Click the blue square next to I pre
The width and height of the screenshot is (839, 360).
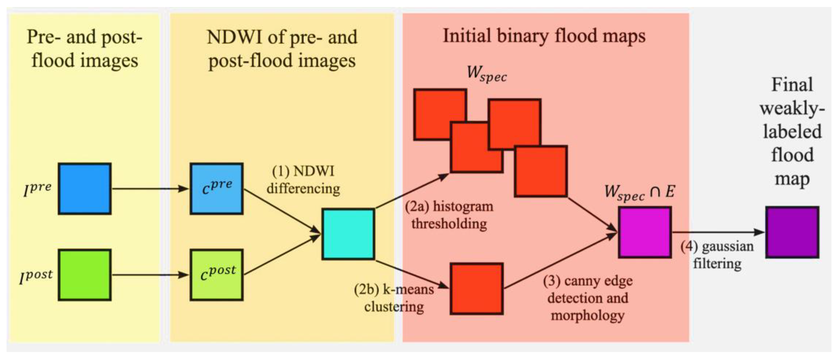pos(85,189)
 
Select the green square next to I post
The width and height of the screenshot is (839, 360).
pos(85,275)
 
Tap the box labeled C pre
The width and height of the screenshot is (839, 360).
pos(217,189)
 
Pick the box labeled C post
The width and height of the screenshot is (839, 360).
pos(217,275)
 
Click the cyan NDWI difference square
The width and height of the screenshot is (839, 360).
pos(348,234)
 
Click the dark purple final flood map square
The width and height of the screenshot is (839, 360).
pos(792,232)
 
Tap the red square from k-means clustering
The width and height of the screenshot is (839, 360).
pos(476,289)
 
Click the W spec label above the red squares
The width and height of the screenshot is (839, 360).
pos(487,74)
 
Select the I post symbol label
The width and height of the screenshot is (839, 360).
pos(36,276)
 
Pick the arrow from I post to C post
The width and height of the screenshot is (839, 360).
pos(150,275)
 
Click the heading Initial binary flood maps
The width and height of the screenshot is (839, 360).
pos(544,36)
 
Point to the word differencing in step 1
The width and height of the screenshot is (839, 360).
pos(303,189)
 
